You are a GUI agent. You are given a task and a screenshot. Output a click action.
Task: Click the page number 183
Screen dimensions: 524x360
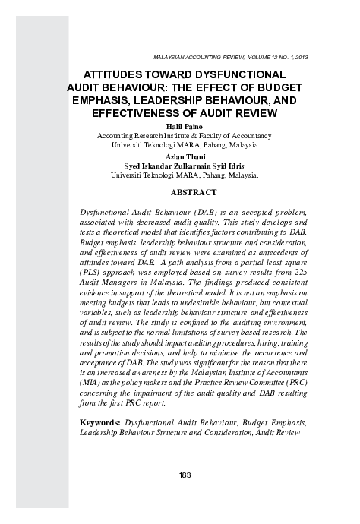click(x=185, y=475)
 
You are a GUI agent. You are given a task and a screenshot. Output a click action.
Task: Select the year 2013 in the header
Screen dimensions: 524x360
click(x=300, y=58)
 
